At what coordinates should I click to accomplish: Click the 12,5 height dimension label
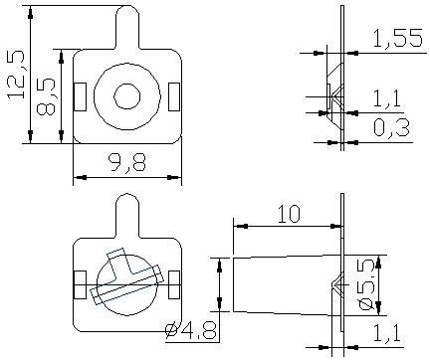coord(16,75)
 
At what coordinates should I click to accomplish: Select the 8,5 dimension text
coord(46,96)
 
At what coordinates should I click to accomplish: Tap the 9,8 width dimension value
coord(127,162)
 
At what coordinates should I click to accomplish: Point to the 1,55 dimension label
coord(398,38)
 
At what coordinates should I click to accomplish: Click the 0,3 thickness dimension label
coord(391,128)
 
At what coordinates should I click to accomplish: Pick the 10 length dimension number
coord(289,214)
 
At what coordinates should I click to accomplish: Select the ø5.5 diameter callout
coord(367,284)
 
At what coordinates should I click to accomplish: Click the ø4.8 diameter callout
coord(192,330)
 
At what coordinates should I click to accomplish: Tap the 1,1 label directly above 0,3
coord(387,98)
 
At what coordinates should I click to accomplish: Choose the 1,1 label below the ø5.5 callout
coord(387,333)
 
